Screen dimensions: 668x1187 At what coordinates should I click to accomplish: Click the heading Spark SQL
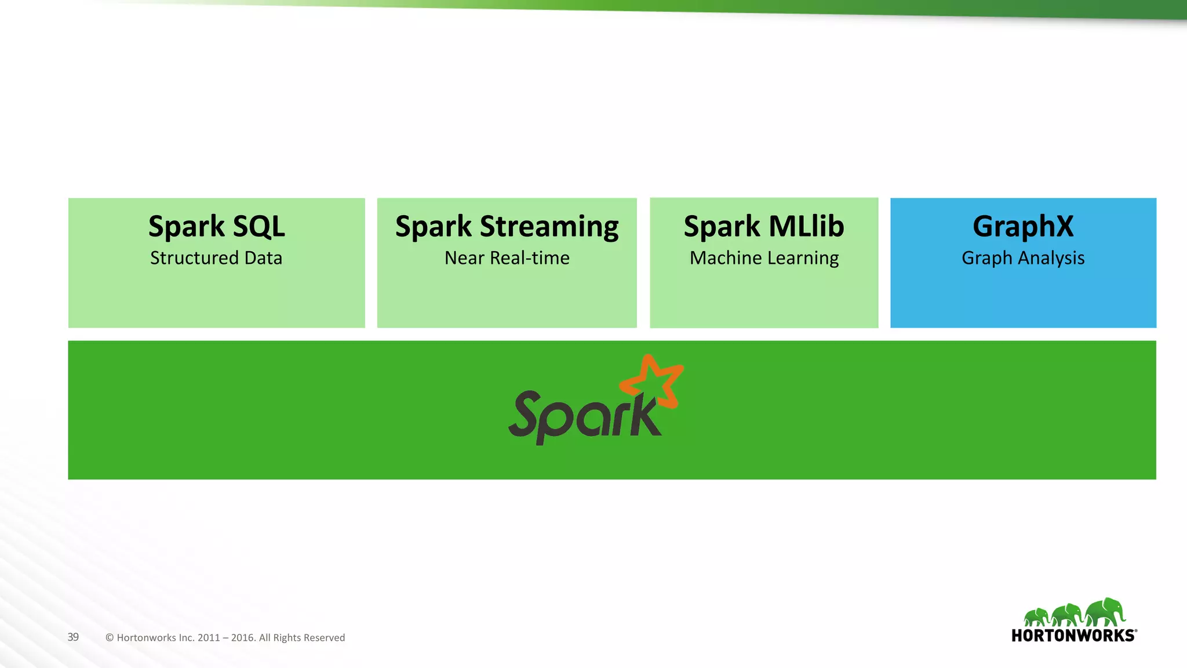pos(216,226)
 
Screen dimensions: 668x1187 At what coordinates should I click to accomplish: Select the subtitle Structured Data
pos(216,258)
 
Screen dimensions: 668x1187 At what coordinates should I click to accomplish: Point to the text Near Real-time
pos(507,258)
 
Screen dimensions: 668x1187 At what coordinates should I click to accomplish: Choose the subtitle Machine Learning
pos(764,259)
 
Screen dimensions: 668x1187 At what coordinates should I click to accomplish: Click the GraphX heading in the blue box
pos(1023,227)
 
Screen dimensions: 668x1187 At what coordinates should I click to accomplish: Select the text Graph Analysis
pos(1023,259)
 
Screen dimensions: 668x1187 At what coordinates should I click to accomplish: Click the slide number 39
pos(73,637)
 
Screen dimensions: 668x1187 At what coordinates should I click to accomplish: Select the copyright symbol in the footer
pos(110,638)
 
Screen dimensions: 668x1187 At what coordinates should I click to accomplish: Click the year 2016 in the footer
pos(243,638)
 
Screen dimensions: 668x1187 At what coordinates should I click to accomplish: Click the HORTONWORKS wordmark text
pos(1073,636)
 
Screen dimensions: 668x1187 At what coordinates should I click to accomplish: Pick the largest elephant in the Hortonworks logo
pos(1105,612)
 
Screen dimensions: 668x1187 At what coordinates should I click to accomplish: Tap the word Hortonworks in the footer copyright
pos(146,638)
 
